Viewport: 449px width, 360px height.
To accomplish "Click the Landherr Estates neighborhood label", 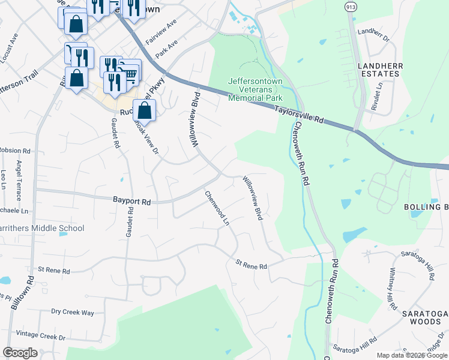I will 379,69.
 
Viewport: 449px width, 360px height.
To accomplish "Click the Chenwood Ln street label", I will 217,208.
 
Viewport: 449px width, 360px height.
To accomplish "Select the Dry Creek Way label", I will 73,312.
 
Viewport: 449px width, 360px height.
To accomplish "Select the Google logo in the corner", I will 20,353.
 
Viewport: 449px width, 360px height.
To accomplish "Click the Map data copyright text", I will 412,355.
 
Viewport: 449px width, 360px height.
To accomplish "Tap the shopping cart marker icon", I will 130,73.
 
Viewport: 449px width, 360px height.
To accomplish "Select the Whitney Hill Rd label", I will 393,289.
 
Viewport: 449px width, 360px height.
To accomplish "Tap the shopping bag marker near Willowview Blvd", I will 144,110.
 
